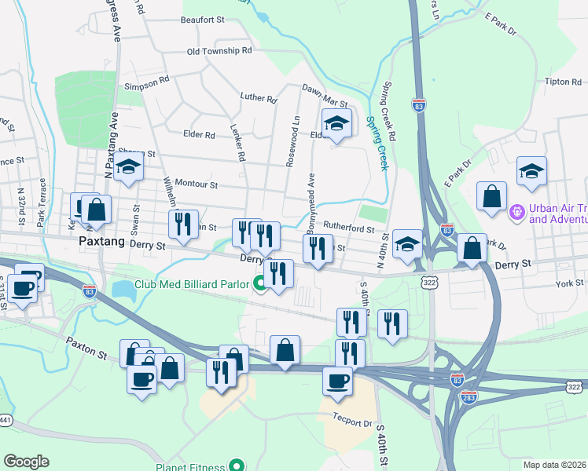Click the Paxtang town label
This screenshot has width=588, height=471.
102,243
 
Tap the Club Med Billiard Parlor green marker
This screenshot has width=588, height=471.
259,284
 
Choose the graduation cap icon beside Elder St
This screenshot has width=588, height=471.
336,124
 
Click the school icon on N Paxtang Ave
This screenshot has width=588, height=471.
127,167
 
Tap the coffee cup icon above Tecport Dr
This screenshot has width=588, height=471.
338,381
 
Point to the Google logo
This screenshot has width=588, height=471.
26,462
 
